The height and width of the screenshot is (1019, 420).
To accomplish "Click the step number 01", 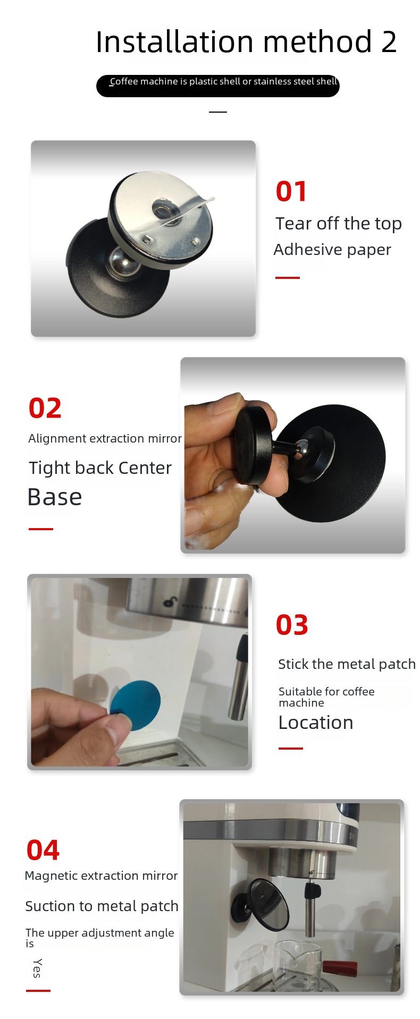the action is [291, 191].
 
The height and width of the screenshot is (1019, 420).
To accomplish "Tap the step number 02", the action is [45, 408].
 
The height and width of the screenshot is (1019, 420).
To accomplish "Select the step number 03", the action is [292, 625].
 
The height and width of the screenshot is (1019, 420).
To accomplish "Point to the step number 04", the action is [43, 850].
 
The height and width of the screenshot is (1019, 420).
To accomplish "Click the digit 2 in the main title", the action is [389, 43].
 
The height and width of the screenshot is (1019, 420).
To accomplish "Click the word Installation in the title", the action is [174, 42].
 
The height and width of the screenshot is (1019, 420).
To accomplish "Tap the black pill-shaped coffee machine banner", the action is [218, 86].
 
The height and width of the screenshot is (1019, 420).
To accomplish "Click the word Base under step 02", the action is [55, 497].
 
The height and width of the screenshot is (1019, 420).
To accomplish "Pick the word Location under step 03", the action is [316, 723].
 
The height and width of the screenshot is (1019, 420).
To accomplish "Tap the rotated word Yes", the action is [37, 968].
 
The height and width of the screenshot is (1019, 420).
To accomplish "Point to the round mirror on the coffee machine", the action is [269, 905].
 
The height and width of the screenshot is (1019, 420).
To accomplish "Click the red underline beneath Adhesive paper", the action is [288, 278].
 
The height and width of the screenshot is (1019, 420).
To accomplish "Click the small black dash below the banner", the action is [218, 112].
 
